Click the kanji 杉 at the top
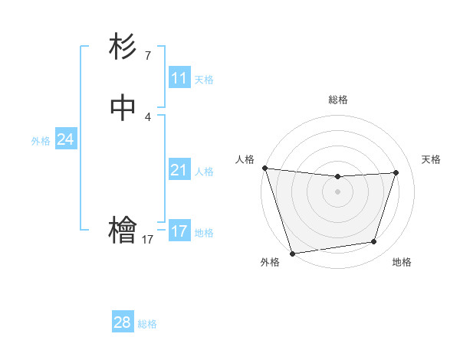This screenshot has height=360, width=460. coord(123,47)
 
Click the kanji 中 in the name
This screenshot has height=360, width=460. coord(123,108)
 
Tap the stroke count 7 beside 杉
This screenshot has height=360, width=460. coord(147,55)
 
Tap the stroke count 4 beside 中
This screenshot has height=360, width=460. coord(147,116)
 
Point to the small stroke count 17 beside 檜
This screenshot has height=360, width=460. coord(147,240)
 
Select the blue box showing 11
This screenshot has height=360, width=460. coord(179,78)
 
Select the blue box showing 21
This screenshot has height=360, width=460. coord(179,170)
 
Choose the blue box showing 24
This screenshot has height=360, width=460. coord(66,139)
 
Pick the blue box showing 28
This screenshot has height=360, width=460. coord(123,322)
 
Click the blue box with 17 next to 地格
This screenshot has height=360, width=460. coord(179,231)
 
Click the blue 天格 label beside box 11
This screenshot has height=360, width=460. coord(203,80)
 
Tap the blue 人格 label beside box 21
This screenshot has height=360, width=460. coord(204,172)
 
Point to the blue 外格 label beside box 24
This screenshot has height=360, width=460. coord(41,141)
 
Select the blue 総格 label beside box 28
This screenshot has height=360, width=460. coord(147,324)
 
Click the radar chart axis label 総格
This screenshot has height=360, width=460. coord(337,100)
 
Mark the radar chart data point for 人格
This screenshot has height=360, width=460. coord(264,168)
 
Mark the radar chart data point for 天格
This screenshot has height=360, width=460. coord(396,172)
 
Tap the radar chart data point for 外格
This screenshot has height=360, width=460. coord(292,253)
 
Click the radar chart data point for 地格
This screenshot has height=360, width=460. coord(374,242)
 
